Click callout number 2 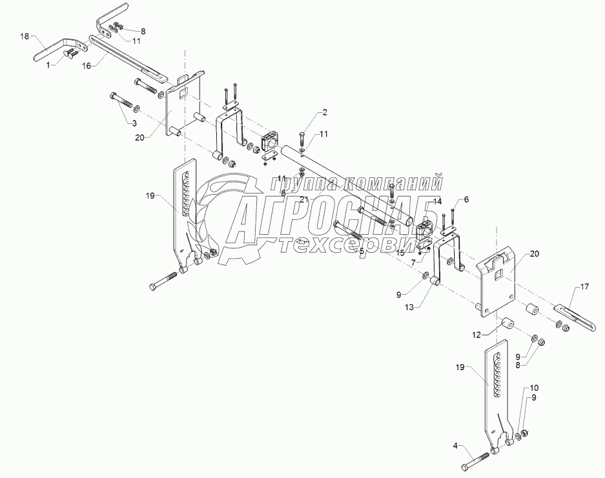click(x=324, y=112)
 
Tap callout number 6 click(x=467, y=201)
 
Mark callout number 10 click(x=534, y=388)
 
